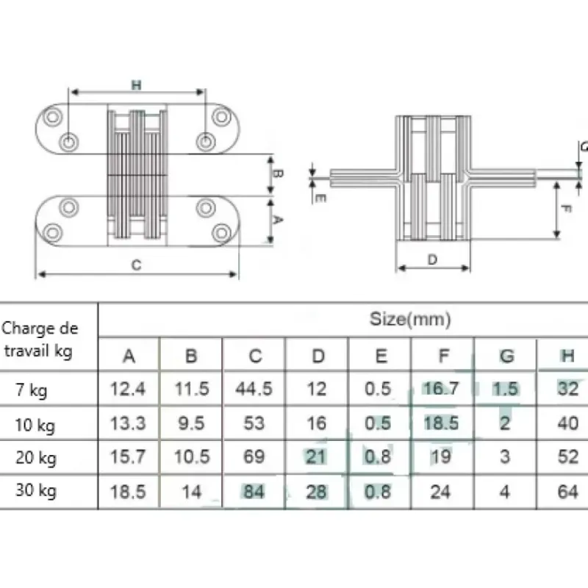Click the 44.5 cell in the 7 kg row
254,389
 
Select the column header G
506,356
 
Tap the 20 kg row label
36,458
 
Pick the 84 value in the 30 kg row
254,492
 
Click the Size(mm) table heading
410,320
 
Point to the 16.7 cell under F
441,389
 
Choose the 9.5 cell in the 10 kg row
191,423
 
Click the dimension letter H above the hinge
137,85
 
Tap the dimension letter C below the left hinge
137,265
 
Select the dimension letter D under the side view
432,259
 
